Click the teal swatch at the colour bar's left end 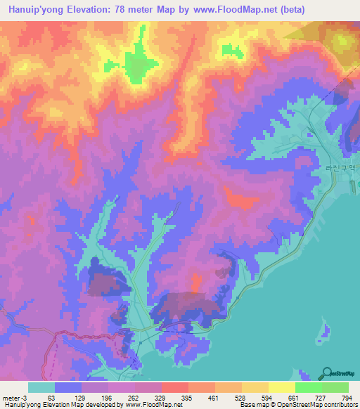[41, 387]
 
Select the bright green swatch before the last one [309, 387]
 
